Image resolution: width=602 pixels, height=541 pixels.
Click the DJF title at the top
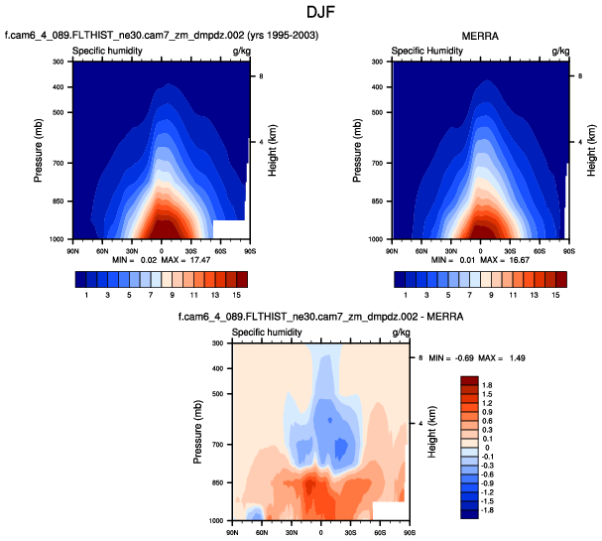coord(301,13)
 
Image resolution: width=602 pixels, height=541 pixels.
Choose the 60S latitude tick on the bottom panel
coord(380,529)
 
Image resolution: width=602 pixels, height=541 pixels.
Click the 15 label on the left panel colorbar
coord(237,295)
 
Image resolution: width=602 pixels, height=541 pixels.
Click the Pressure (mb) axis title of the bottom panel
coord(199,432)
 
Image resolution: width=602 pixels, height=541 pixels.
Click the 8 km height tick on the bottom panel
coord(421,356)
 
